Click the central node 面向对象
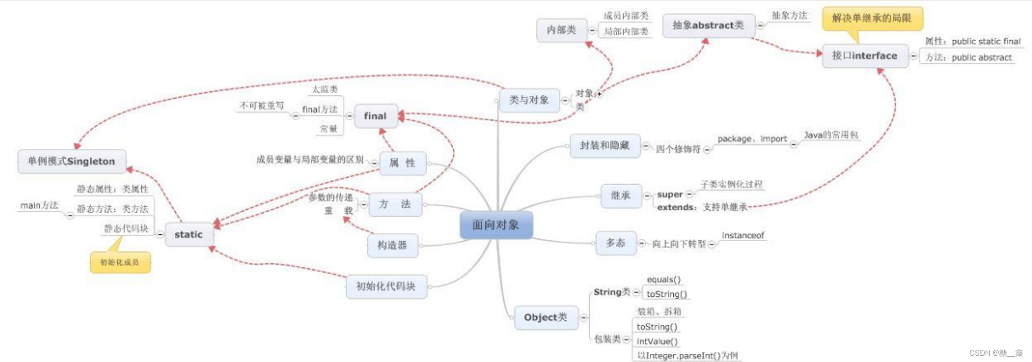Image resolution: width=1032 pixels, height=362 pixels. [x=496, y=225]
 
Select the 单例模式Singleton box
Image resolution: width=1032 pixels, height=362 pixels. [x=71, y=161]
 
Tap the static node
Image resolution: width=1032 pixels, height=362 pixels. [x=189, y=234]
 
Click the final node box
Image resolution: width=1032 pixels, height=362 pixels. [x=375, y=116]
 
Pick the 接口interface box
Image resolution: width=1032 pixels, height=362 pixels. [x=864, y=56]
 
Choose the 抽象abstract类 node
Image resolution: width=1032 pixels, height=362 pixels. [x=708, y=26]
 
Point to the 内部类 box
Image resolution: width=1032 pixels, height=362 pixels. [x=561, y=30]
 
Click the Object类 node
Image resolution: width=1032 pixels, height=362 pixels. [x=545, y=317]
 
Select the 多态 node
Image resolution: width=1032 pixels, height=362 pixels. [x=615, y=243]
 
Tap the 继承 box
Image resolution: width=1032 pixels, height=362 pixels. [x=620, y=196]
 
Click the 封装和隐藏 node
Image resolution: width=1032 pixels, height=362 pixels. [x=604, y=145]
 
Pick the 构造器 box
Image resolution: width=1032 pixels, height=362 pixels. [x=392, y=245]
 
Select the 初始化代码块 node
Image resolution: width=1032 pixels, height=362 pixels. [x=385, y=286]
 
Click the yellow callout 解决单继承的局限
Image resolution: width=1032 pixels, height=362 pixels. [x=871, y=18]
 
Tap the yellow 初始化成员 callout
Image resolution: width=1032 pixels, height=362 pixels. [x=120, y=262]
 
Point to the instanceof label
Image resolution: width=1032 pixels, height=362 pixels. [x=742, y=235]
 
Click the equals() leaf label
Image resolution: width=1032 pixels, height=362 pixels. [x=663, y=279]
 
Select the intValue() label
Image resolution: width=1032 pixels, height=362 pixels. [x=657, y=341]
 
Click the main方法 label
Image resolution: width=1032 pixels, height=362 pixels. [x=39, y=205]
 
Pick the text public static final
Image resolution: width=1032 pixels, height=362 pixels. [x=986, y=41]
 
